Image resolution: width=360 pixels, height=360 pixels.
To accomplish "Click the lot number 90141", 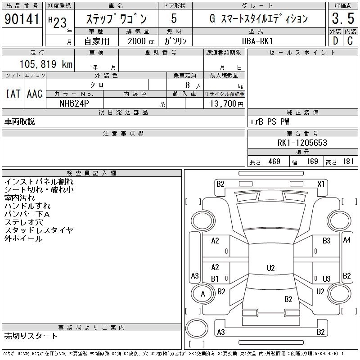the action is (22, 20).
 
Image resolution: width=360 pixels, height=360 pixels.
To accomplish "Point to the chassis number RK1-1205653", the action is (302, 143).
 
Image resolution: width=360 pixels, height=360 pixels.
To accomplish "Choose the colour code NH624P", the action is (75, 103).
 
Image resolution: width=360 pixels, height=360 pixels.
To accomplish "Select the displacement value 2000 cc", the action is (137, 41).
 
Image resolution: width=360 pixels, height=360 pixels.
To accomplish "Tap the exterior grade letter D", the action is (334, 40).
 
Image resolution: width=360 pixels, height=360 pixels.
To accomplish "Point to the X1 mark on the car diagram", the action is (321, 184).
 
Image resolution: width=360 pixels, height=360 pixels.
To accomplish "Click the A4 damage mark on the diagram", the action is (346, 240).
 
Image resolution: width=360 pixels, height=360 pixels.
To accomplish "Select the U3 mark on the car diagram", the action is (327, 279).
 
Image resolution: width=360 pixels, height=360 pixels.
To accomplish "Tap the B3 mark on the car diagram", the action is (327, 241).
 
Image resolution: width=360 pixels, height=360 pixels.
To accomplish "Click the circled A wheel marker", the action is (202, 294).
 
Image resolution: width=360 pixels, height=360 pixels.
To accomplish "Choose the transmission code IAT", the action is (13, 94).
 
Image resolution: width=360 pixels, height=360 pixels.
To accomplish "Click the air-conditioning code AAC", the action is (35, 94).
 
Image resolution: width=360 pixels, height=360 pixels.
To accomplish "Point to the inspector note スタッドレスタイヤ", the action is (39, 230).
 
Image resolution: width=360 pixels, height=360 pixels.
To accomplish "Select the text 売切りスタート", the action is (31, 336).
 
